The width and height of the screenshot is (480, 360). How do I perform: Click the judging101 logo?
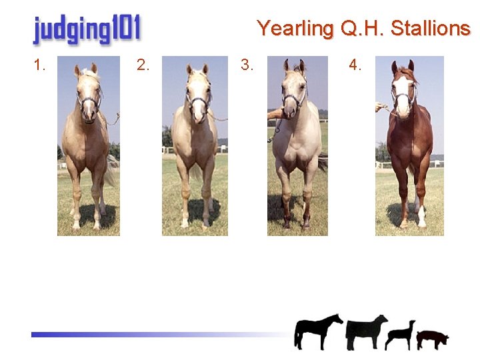tap(87, 30)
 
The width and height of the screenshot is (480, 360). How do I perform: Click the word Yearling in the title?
tap(295, 29)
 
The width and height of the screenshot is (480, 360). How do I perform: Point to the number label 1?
tap(40, 65)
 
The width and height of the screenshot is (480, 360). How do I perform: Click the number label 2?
tap(143, 65)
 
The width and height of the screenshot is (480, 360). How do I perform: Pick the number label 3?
tap(247, 65)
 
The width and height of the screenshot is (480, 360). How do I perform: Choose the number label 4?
tap(355, 65)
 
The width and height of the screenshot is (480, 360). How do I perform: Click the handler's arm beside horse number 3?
tap(275, 114)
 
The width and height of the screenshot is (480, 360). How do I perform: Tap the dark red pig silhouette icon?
tap(432, 339)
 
